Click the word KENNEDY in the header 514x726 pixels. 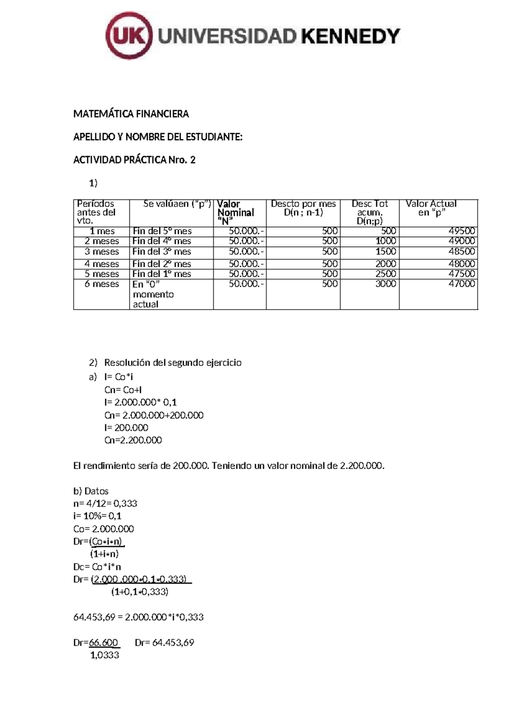tap(351, 36)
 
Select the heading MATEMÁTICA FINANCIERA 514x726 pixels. tap(131, 114)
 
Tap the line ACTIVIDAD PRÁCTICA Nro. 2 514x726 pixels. tap(134, 160)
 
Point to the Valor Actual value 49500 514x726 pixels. tap(461, 231)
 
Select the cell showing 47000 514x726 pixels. tap(461, 284)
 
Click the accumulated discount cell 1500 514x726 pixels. tap(385, 252)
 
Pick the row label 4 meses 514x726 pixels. tap(102, 264)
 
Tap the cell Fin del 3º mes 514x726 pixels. tap(162, 252)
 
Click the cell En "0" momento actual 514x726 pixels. tap(153, 294)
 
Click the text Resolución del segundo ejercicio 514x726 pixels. tap(173, 363)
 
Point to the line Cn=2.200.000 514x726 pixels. tap(133, 440)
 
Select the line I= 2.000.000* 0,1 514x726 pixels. tap(140, 402)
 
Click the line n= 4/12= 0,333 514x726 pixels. tap(105, 503)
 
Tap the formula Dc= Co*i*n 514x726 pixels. tap(97, 567)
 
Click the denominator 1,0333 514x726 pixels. tap(105, 655)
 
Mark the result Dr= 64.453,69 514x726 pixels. tap(164, 643)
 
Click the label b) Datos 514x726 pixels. tap(91, 491)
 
